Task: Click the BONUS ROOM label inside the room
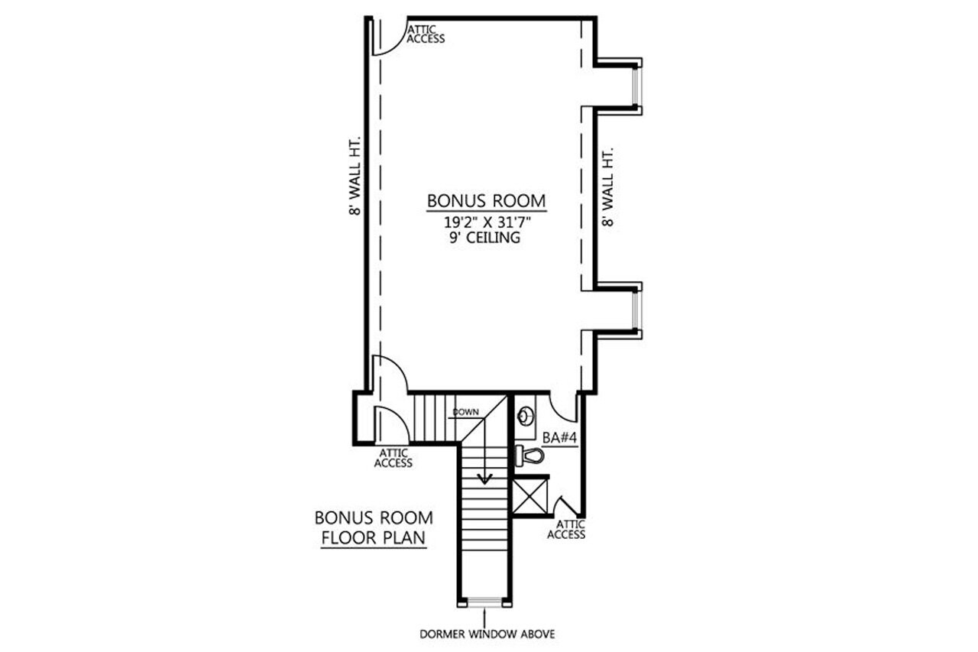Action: tap(486, 201)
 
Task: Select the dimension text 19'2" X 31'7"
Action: tap(486, 222)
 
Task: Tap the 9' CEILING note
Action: tap(486, 238)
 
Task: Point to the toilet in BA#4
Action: tap(530, 456)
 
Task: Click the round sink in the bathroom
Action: tap(526, 417)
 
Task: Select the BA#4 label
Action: tap(558, 438)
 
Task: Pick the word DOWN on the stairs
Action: tap(465, 413)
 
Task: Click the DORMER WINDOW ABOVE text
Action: tap(486, 634)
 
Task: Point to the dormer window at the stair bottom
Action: tap(485, 603)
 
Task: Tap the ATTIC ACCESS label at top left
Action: tap(426, 34)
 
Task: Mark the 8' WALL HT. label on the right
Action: tap(608, 188)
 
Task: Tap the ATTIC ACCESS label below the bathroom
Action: tap(571, 529)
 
